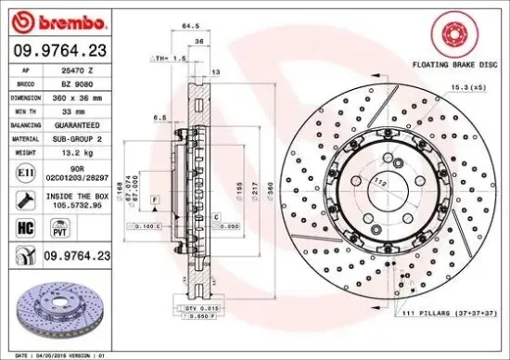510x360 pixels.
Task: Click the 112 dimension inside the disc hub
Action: (378, 182)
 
